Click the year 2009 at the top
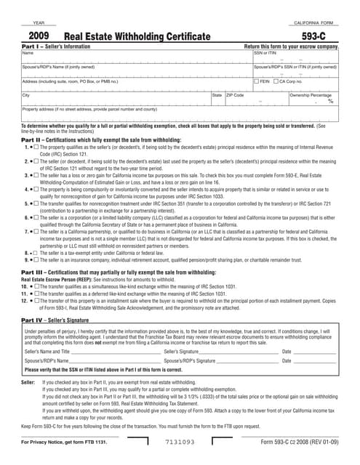click(x=39, y=34)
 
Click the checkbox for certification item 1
click(x=34, y=147)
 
